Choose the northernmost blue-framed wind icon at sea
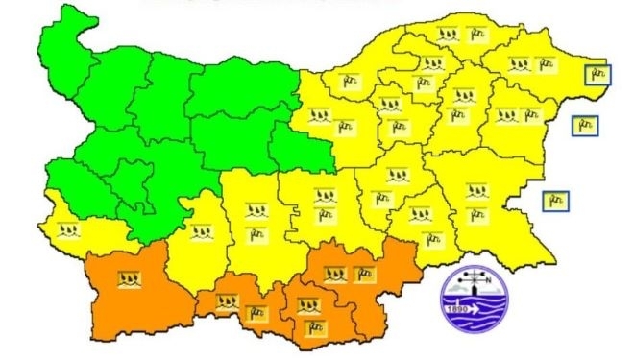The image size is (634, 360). [x=597, y=74]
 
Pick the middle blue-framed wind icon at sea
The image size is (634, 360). [x=584, y=125]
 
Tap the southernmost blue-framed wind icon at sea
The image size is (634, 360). [x=554, y=201]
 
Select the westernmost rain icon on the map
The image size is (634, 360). [x=67, y=230]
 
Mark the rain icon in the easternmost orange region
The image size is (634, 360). [x=335, y=274]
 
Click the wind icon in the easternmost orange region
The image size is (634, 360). [x=363, y=274]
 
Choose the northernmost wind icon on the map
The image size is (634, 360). [x=474, y=34]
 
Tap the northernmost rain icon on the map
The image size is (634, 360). [x=447, y=34]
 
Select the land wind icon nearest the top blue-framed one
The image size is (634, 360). [x=546, y=66]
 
